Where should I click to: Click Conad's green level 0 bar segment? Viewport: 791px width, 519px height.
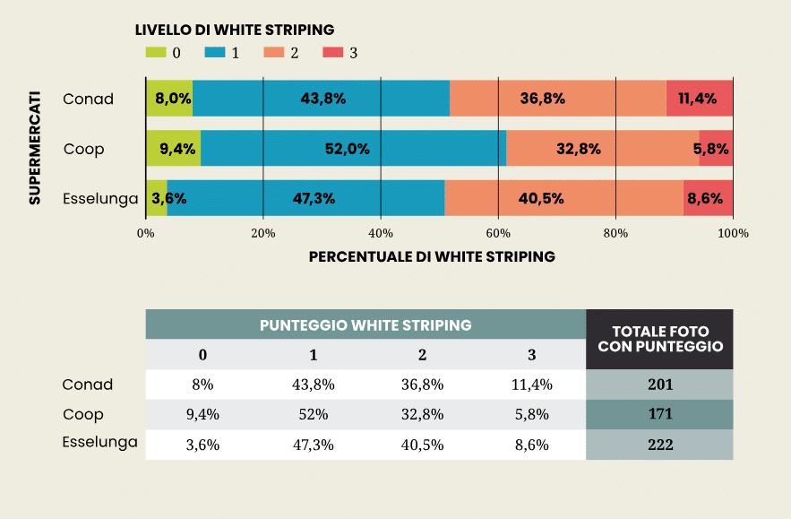pos(169,98)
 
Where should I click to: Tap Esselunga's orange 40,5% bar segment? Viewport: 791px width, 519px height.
pos(563,198)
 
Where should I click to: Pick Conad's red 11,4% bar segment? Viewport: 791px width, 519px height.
pos(700,98)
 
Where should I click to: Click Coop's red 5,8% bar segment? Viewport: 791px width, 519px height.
pos(716,149)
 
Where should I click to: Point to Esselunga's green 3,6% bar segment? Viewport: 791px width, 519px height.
pos(157,198)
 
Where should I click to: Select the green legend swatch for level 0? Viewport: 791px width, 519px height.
pos(155,53)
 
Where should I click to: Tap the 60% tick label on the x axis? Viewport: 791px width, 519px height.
pos(498,233)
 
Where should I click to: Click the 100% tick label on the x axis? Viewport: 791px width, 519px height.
pos(733,233)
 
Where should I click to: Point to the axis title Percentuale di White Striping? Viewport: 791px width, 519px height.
pos(432,256)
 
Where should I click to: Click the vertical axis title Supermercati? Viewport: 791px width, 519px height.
pos(35,147)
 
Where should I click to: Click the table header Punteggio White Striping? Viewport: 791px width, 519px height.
pos(365,324)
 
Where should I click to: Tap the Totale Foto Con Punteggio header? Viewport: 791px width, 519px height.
pos(659,339)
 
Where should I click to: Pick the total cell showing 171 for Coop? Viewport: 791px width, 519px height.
pos(659,414)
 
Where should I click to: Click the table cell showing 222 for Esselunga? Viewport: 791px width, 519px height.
pos(659,445)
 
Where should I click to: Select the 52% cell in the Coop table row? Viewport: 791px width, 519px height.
pos(313,414)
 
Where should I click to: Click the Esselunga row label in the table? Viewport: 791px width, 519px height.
pos(99,442)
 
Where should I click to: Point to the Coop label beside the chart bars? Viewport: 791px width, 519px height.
pos(83,149)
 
